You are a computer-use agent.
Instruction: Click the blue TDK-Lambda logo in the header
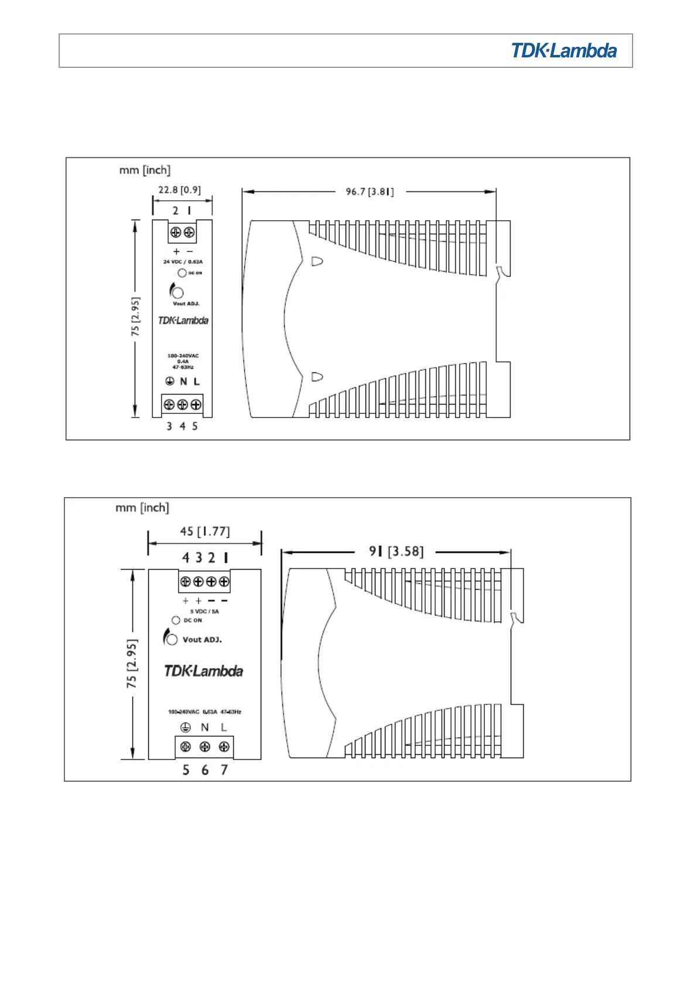coord(563,51)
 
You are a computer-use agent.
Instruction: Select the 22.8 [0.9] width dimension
coord(179,190)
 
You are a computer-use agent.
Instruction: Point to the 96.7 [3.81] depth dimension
coord(370,191)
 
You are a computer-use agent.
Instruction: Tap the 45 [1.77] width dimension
coord(204,532)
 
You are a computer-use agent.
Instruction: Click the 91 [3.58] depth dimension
coord(396,552)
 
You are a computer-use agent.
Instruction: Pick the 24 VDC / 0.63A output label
coord(183,262)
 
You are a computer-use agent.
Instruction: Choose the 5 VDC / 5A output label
coord(204,611)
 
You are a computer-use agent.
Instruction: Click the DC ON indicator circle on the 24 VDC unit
coord(182,273)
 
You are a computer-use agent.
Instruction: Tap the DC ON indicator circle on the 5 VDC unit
coord(176,620)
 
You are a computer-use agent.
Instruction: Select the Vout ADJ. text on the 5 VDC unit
coord(202,639)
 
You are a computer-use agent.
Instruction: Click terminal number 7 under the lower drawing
coord(224,770)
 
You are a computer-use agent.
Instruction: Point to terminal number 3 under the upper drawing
coord(169,426)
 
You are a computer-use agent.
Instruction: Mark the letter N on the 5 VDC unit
coord(204,727)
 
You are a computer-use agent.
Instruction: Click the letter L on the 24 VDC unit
coord(197,381)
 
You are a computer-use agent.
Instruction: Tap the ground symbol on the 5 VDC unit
coord(186,727)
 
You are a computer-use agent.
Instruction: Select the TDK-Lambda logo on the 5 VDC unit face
coord(203,671)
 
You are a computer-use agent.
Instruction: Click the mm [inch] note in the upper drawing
coord(145,170)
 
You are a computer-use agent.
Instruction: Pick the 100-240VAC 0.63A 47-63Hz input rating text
coord(204,712)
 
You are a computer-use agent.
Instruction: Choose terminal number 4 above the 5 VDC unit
coord(186,557)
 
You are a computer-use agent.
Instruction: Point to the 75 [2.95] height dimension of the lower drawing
coord(132,663)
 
